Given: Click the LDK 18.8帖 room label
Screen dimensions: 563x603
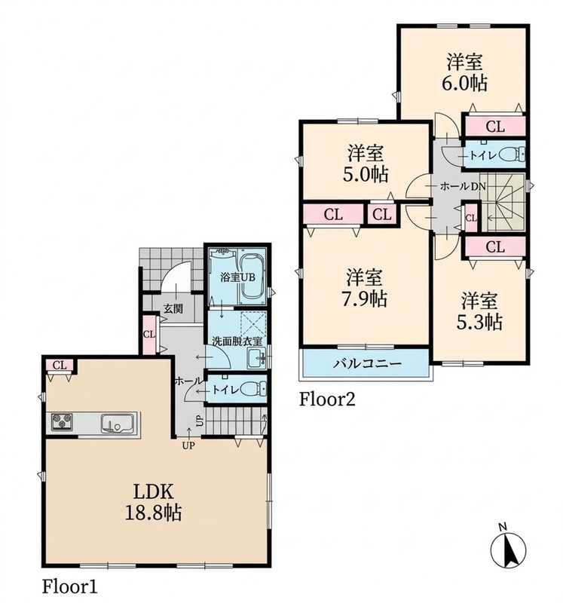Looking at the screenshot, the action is [x=154, y=502].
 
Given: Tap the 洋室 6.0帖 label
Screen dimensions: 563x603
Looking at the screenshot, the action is [x=464, y=72].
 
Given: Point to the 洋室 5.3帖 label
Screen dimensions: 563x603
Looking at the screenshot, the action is [x=479, y=311].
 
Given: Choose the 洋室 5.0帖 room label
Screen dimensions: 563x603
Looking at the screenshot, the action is [x=366, y=164].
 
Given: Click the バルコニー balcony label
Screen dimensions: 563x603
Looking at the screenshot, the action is [x=367, y=363].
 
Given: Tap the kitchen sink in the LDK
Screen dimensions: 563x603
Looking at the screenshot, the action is [x=118, y=424].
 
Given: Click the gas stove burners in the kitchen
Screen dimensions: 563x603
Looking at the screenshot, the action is [x=62, y=421].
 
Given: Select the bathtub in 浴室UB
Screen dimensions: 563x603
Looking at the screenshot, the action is [x=252, y=277].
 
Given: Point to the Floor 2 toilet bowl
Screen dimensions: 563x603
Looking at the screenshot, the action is [x=512, y=155].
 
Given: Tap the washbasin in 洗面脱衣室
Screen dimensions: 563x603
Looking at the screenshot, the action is [x=256, y=359].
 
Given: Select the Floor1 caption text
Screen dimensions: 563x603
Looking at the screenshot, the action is [x=69, y=587].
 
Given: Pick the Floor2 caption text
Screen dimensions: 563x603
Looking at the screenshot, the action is [x=327, y=399].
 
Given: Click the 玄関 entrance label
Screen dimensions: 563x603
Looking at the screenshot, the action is [x=173, y=308].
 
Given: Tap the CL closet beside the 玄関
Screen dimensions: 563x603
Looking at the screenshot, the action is [x=149, y=335].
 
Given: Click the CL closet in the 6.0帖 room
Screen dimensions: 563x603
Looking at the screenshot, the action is [x=495, y=126].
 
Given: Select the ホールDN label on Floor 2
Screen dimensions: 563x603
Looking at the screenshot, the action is [x=463, y=187].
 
